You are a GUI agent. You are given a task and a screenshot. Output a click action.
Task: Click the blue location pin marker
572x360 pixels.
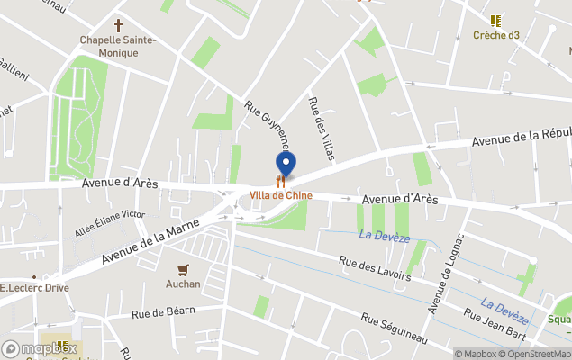(x=286, y=165)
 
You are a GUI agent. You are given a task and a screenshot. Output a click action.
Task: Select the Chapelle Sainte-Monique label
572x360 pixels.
(x=118, y=46)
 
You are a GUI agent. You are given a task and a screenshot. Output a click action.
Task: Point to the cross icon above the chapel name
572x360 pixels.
(x=118, y=25)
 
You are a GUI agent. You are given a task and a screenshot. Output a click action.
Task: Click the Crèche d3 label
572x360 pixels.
(x=496, y=36)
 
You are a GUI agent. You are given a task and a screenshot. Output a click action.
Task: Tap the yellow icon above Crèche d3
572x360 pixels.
(x=495, y=20)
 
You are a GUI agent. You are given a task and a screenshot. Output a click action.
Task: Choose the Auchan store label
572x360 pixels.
(x=183, y=284)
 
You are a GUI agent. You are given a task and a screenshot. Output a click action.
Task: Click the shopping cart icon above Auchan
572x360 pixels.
(x=183, y=269)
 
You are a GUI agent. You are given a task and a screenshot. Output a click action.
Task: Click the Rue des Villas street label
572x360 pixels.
(x=322, y=130)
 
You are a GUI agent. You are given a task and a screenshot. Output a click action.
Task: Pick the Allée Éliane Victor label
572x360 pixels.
(x=110, y=223)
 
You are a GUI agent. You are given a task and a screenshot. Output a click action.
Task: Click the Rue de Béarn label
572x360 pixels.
(x=164, y=312)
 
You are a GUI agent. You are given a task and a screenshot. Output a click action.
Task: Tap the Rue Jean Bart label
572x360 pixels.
(x=495, y=327)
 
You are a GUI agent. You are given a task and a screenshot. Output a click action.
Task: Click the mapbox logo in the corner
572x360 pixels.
(x=40, y=348)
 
